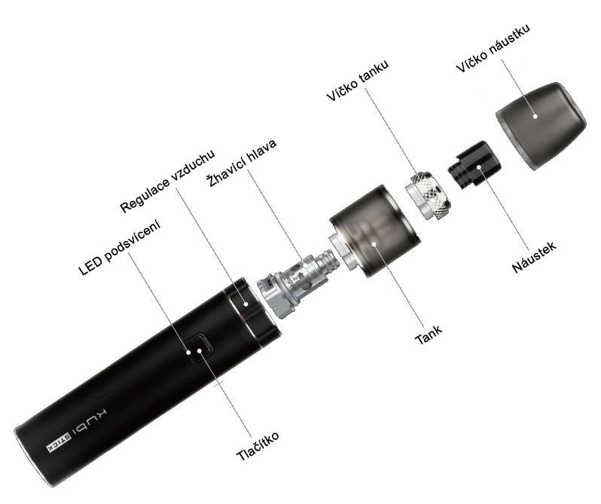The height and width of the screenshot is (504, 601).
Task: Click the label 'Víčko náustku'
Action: (493, 48)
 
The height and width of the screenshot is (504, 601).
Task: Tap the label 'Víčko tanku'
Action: (357, 81)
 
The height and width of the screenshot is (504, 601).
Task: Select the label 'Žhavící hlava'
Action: (242, 163)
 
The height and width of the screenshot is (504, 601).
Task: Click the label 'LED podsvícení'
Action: (120, 248)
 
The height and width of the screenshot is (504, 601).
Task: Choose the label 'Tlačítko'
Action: (258, 446)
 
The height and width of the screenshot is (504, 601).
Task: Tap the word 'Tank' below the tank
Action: (428, 334)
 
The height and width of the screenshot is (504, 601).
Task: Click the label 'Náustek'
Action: (534, 257)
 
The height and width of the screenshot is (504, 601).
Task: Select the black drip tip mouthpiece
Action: (475, 165)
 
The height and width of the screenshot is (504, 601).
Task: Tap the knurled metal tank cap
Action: (428, 195)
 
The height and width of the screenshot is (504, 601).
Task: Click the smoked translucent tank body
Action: (374, 231)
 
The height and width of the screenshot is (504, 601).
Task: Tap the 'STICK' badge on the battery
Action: (59, 442)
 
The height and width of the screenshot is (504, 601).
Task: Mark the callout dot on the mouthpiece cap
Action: (535, 117)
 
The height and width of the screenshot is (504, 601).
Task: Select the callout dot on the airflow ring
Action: (246, 304)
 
